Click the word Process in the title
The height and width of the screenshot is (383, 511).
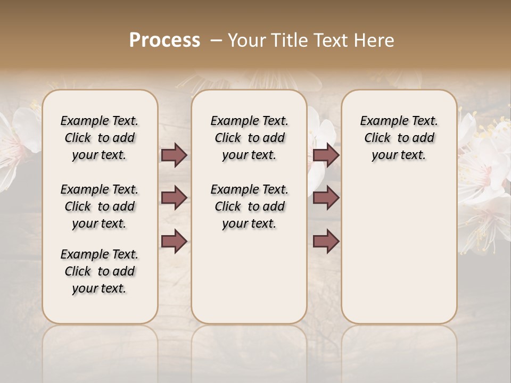click(164, 40)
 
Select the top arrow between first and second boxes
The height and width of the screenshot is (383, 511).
click(174, 155)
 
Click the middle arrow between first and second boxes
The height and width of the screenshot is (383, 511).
click(174, 198)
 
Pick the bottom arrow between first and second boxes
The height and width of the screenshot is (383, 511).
click(174, 242)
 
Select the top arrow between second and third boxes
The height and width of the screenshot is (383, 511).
click(326, 155)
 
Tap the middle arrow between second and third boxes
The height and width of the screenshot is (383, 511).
click(326, 198)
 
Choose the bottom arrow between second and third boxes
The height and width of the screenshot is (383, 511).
click(326, 242)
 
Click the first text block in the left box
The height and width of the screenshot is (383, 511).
click(100, 138)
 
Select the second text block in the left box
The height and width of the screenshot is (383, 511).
click(100, 206)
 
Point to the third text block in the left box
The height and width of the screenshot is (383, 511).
click(100, 271)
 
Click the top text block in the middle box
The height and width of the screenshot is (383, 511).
click(249, 138)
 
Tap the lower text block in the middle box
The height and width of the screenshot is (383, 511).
click(249, 206)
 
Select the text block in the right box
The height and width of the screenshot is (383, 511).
click(399, 138)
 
